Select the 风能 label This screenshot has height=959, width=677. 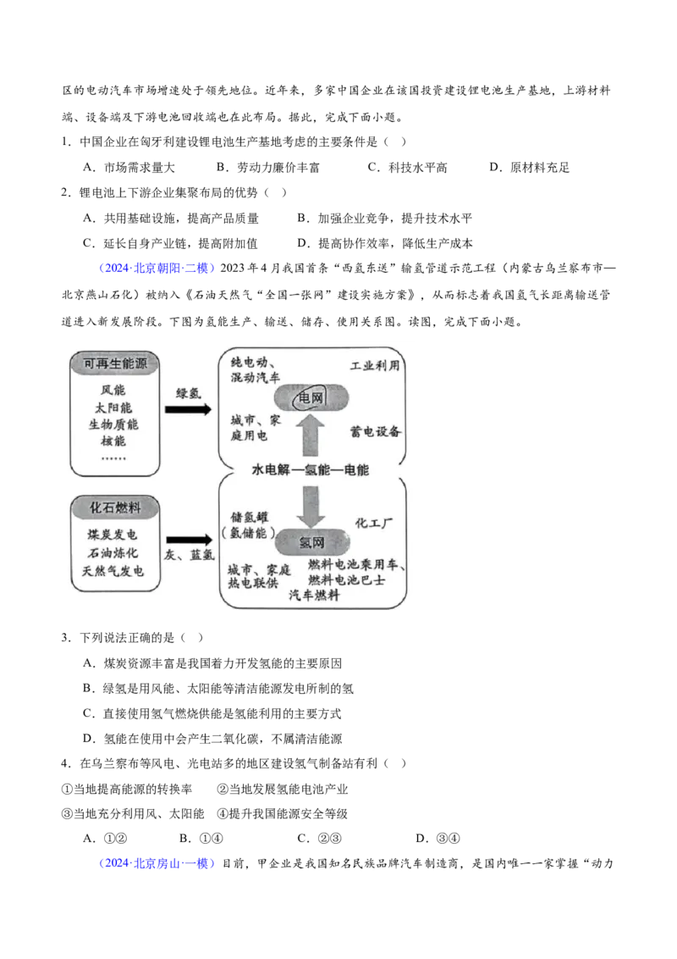coord(113,391)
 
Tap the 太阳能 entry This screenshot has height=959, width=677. coord(113,407)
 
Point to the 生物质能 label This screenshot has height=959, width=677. coord(113,424)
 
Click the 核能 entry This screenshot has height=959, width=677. coord(113,441)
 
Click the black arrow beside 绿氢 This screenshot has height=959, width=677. coord(188,409)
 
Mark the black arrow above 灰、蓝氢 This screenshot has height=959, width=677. coord(188,539)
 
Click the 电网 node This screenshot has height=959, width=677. coord(310,397)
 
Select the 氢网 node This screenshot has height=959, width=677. coord(310,541)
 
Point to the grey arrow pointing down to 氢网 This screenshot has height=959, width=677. coord(310,504)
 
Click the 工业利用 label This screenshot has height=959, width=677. coord(375,366)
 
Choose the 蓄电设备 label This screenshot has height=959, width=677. coord(376,431)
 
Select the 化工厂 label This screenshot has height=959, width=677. coord(375,523)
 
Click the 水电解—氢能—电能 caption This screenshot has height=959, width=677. coord(311,469)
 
